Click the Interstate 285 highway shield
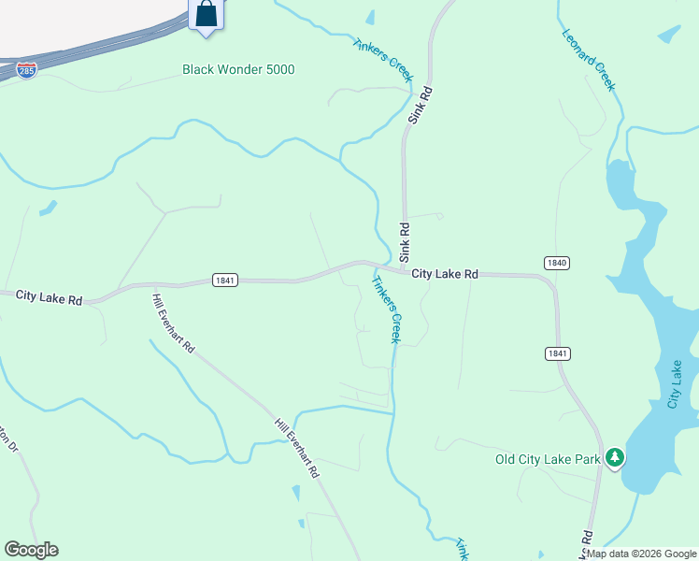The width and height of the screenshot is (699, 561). (x=26, y=71)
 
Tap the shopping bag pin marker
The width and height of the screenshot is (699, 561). (x=206, y=15)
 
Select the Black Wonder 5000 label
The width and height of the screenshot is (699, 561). (x=238, y=69)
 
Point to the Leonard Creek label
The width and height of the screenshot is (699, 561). (x=589, y=59)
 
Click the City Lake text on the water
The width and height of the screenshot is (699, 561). (x=676, y=385)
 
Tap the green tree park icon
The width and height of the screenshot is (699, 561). (x=615, y=457)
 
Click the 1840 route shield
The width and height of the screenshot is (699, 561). (x=557, y=264)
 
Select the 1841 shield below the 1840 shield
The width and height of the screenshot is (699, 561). (x=557, y=352)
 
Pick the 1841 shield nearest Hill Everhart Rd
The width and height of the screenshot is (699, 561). (x=225, y=280)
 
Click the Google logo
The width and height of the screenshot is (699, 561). (x=31, y=550)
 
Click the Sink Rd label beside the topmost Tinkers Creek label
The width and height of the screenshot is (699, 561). (x=421, y=106)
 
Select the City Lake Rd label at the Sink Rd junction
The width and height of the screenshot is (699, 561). (x=445, y=274)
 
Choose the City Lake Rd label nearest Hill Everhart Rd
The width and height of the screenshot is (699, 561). (x=50, y=297)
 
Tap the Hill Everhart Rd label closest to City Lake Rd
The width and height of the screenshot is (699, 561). (x=174, y=323)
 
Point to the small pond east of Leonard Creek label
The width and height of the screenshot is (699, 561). (x=669, y=35)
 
